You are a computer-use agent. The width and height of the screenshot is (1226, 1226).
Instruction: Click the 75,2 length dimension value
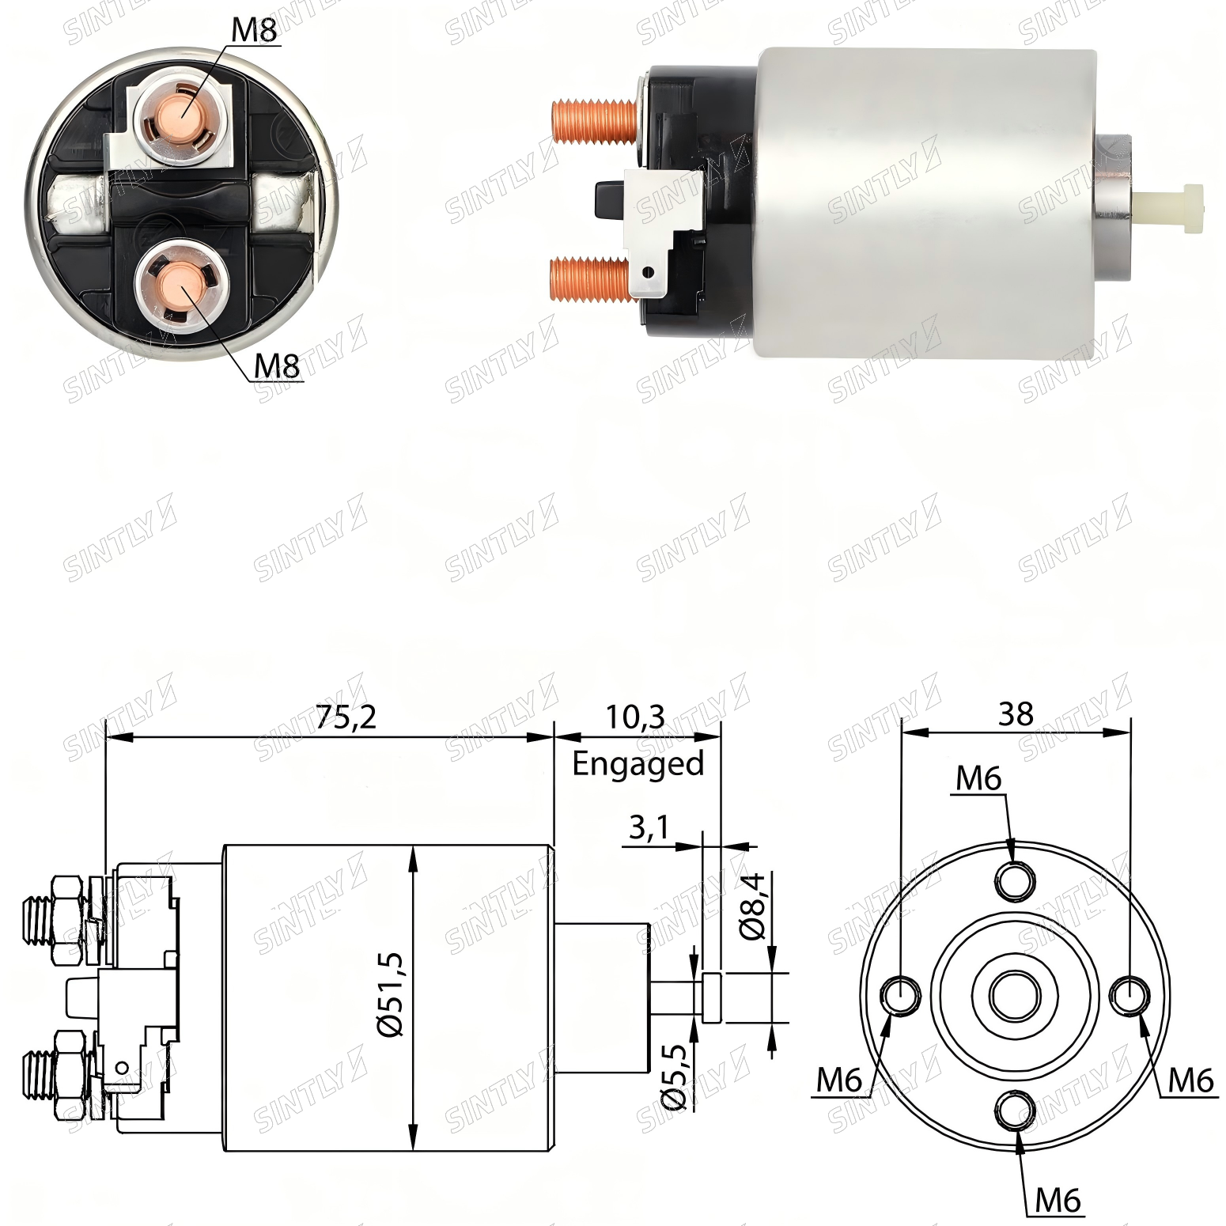coord(346,717)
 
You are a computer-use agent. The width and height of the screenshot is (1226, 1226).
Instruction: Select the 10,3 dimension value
coord(635,717)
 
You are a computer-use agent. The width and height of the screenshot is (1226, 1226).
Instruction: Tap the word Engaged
coord(638,764)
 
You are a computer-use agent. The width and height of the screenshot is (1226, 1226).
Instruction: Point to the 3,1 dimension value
coord(649,827)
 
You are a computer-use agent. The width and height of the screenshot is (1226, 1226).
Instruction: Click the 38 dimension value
coord(1016,714)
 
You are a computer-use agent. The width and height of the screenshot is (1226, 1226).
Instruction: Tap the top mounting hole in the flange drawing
coord(1015,880)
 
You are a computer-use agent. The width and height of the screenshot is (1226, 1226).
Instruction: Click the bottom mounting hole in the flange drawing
coord(1015,1111)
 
